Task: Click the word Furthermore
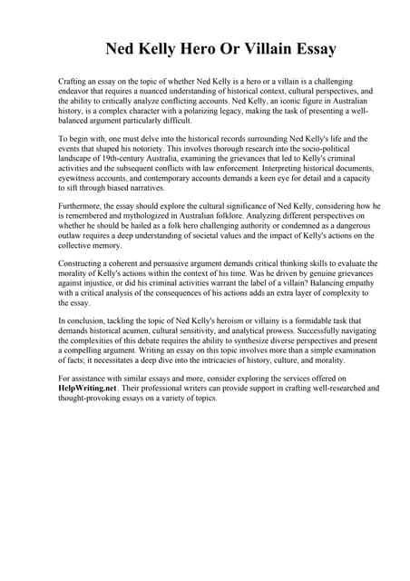(81, 206)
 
